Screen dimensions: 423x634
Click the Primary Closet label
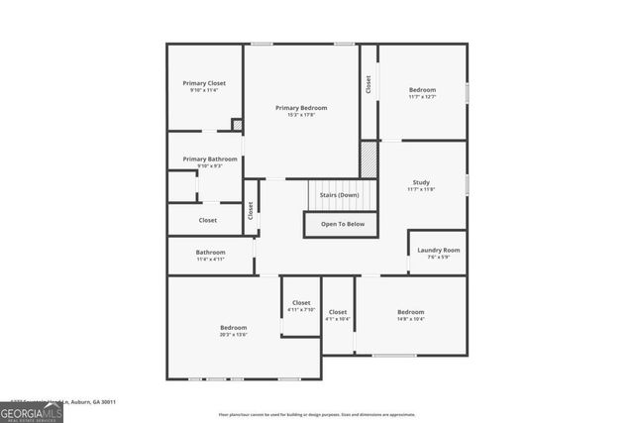tap(204, 83)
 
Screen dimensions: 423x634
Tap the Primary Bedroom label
tap(301, 108)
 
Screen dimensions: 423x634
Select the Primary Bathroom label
tap(210, 159)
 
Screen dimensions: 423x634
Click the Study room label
tap(421, 183)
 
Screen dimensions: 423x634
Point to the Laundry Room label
tap(438, 250)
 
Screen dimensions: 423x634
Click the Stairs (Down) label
tap(339, 195)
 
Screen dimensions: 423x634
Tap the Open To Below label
tap(342, 224)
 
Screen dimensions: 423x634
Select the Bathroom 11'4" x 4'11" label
tap(210, 252)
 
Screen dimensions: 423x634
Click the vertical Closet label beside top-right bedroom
tap(369, 85)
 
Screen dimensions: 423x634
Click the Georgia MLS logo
tap(32, 409)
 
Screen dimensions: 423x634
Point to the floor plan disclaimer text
tap(317, 414)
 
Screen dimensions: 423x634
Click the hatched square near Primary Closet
tap(237, 125)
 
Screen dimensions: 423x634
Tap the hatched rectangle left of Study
tap(369, 159)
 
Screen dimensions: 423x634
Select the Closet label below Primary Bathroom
tap(208, 220)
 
